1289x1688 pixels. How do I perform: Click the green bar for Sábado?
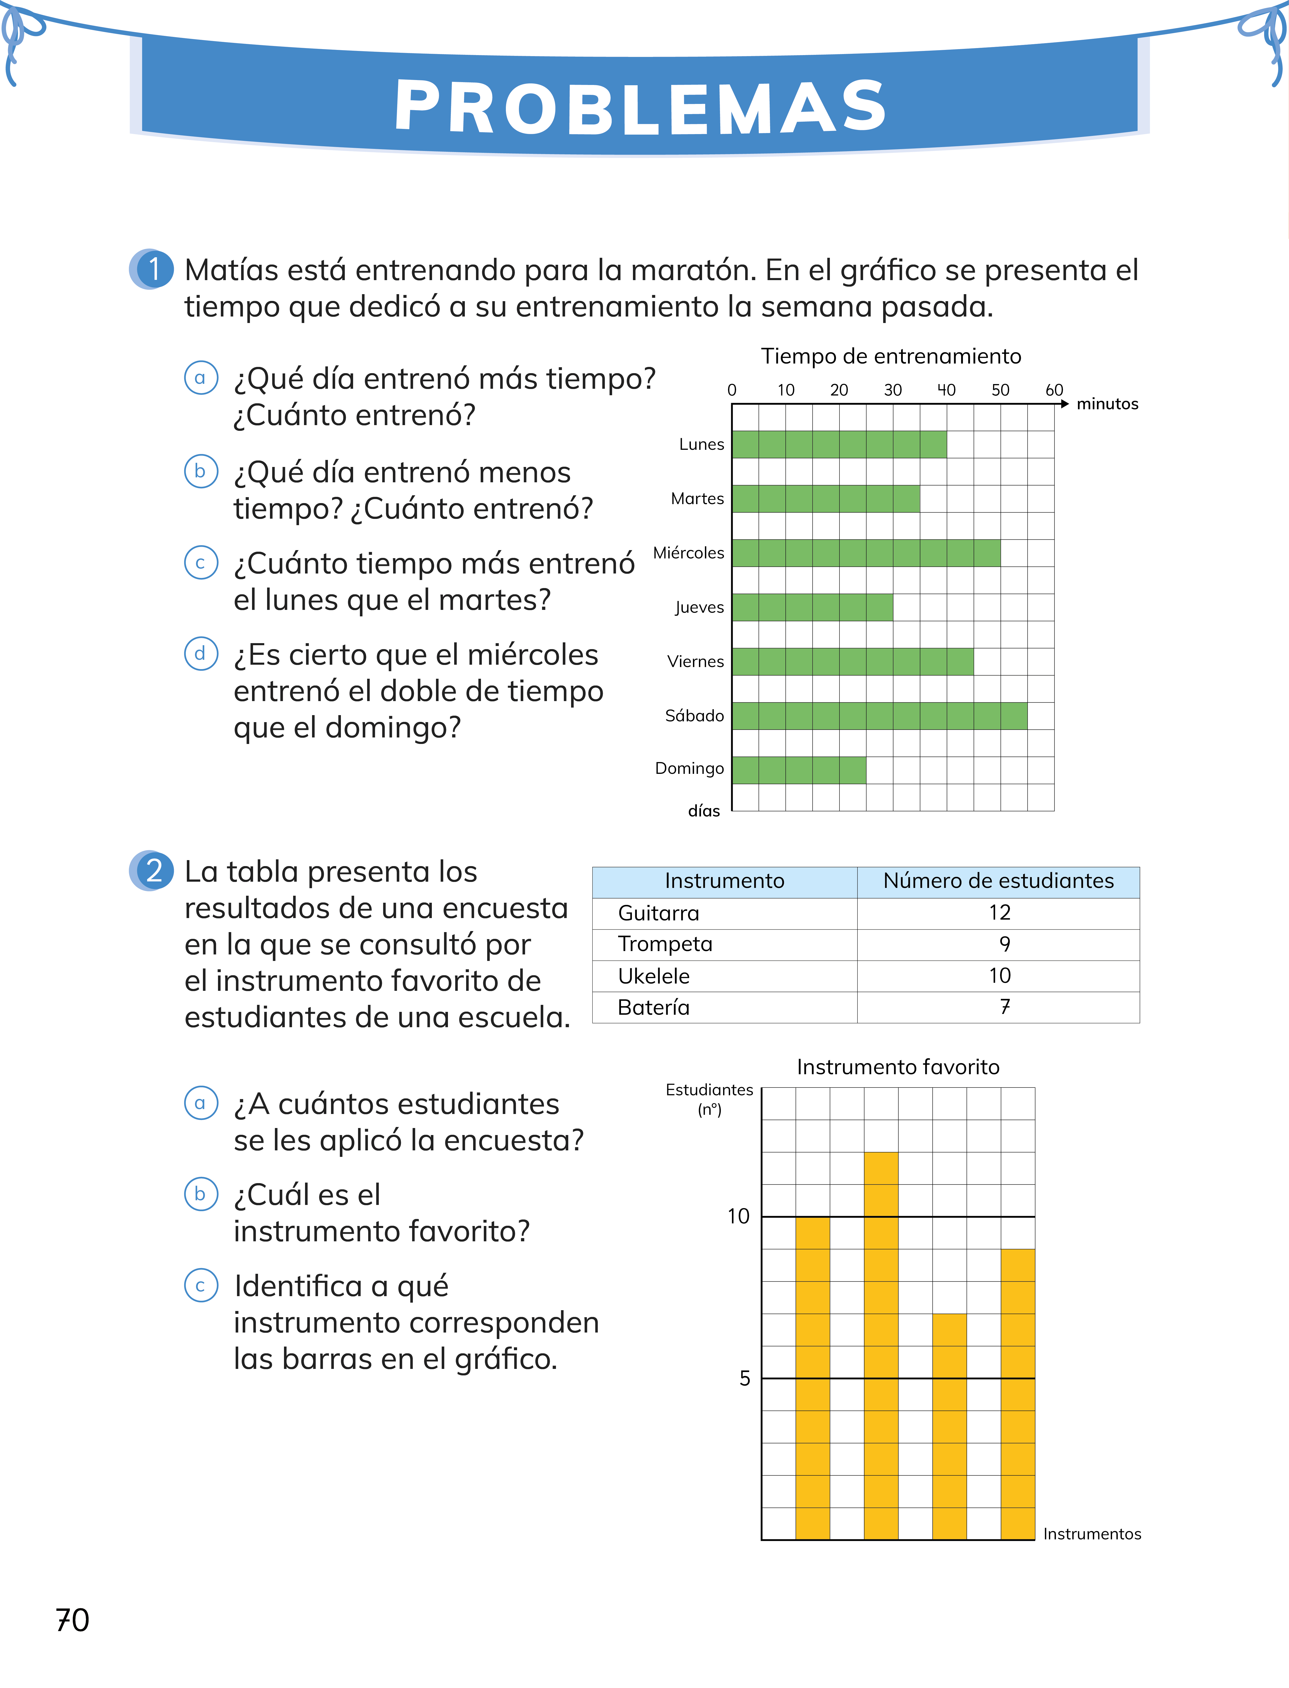tap(879, 716)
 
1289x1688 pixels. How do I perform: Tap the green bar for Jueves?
tap(812, 607)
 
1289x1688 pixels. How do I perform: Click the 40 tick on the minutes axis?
tap(946, 390)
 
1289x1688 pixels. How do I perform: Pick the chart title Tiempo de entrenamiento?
tap(891, 356)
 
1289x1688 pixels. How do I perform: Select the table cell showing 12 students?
tap(999, 913)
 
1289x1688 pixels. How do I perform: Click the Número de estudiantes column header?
tap(998, 881)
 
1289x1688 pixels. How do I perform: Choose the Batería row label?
tap(654, 1007)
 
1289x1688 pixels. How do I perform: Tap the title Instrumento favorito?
tap(898, 1067)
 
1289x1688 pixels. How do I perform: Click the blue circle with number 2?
tap(154, 871)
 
